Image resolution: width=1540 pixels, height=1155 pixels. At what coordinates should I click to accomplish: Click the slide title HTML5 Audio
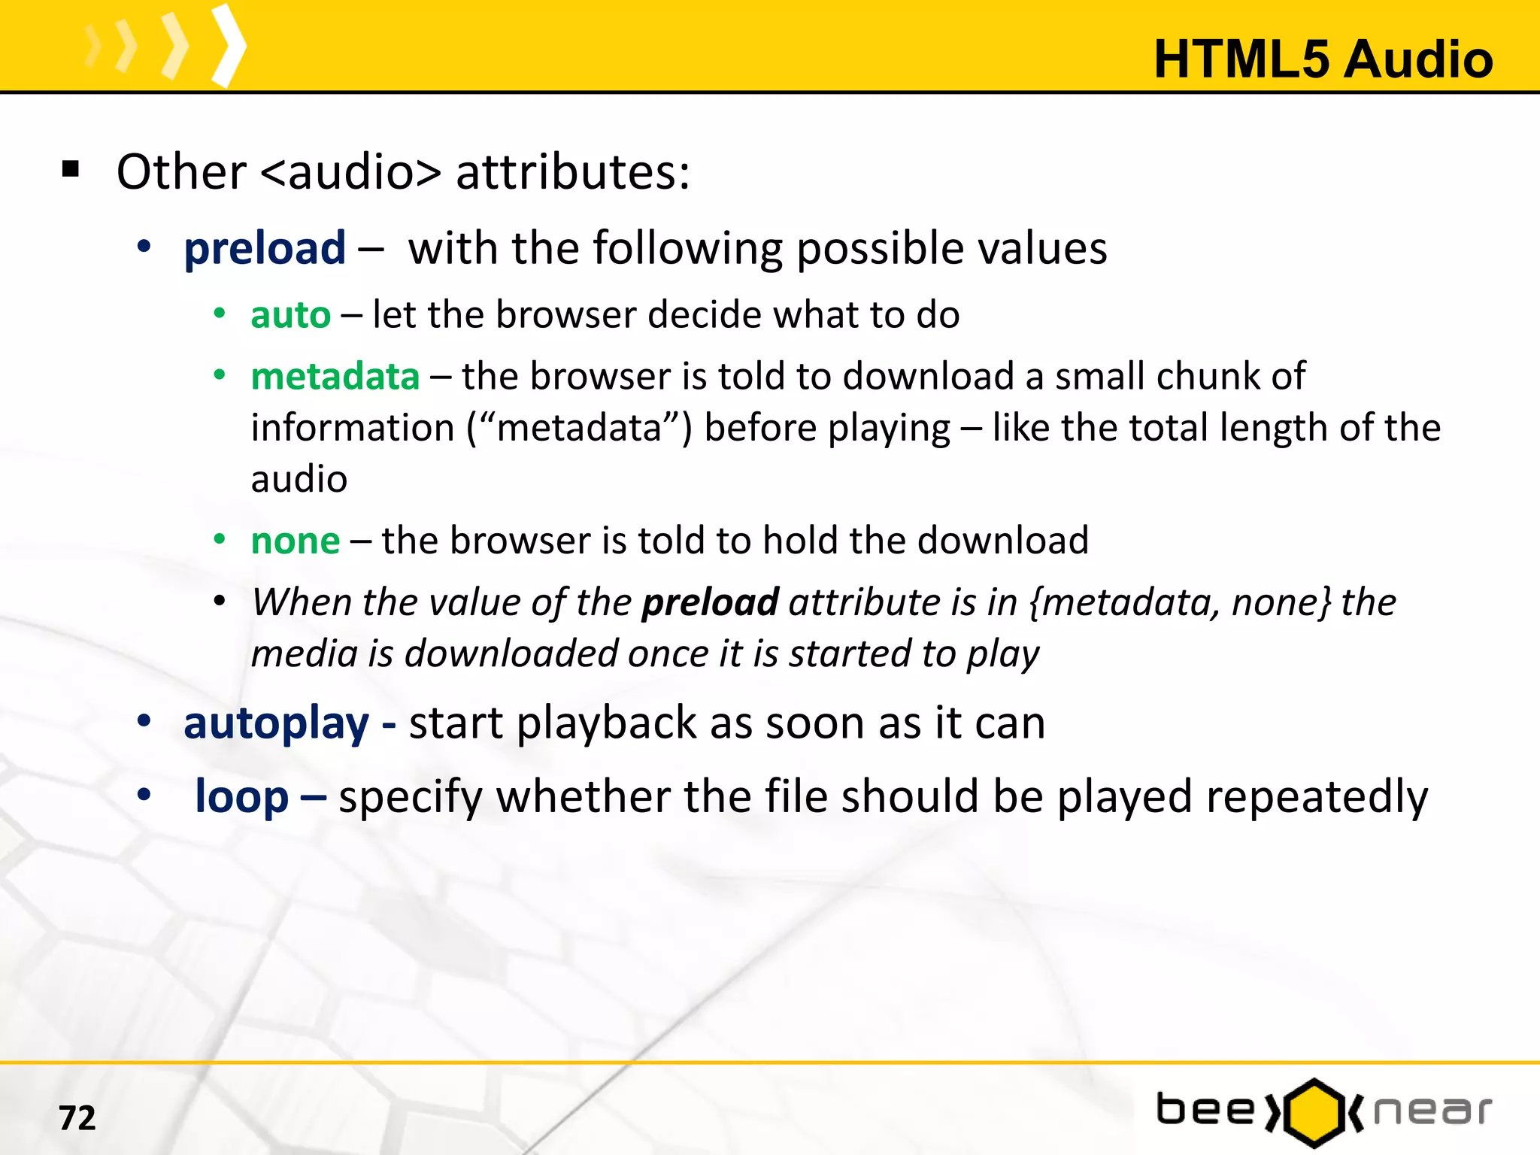click(1323, 59)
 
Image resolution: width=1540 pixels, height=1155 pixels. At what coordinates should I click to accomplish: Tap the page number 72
click(77, 1117)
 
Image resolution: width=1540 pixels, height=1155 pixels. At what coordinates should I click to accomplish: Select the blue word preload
click(265, 248)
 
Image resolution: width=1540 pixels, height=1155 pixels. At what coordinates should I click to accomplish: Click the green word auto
click(290, 314)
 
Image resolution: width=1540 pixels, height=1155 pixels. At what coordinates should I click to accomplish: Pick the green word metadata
click(335, 376)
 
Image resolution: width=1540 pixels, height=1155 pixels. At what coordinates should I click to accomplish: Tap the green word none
click(295, 541)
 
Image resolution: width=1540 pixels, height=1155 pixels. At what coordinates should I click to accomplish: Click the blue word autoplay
click(276, 723)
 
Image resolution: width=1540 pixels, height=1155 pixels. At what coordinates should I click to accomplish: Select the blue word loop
click(241, 796)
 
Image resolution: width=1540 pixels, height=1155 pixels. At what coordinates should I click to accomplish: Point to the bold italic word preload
click(710, 602)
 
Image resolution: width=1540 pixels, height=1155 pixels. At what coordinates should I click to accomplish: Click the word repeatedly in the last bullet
click(1317, 796)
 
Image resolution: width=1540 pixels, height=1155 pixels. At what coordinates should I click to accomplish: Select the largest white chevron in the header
click(228, 45)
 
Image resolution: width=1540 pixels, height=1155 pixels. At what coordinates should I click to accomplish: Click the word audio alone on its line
click(299, 479)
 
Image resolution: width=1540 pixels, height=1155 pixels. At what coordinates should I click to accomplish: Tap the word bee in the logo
click(1205, 1110)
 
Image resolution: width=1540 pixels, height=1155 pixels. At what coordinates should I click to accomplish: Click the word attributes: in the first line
click(572, 172)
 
